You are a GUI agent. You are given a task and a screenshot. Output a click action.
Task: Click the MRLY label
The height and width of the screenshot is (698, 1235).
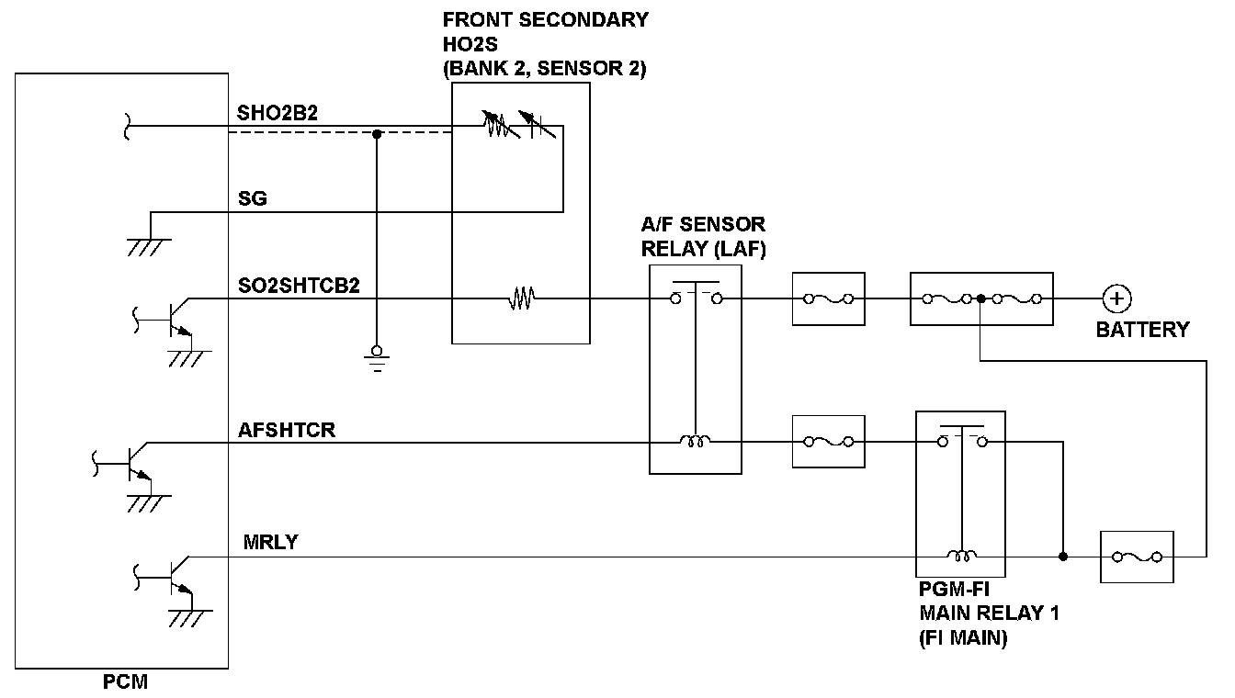271,542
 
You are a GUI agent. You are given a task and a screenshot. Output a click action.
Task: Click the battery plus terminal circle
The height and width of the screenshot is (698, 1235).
1116,298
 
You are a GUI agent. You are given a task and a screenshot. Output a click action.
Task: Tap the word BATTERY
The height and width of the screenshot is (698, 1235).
1142,330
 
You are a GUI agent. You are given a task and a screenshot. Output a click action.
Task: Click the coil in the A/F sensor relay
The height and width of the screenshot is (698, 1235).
695,442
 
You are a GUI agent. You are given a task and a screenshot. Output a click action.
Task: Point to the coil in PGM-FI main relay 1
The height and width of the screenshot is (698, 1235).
962,556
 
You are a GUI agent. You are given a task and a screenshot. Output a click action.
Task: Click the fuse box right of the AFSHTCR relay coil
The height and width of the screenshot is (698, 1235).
828,442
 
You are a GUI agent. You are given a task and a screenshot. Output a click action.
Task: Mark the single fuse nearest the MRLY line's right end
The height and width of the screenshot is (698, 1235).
1137,557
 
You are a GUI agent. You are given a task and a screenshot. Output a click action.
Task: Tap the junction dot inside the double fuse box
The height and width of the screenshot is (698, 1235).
981,298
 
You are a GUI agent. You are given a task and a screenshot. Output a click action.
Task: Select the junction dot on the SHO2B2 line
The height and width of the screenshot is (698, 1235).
377,134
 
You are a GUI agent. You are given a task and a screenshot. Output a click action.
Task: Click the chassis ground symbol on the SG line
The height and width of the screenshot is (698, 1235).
150,243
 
